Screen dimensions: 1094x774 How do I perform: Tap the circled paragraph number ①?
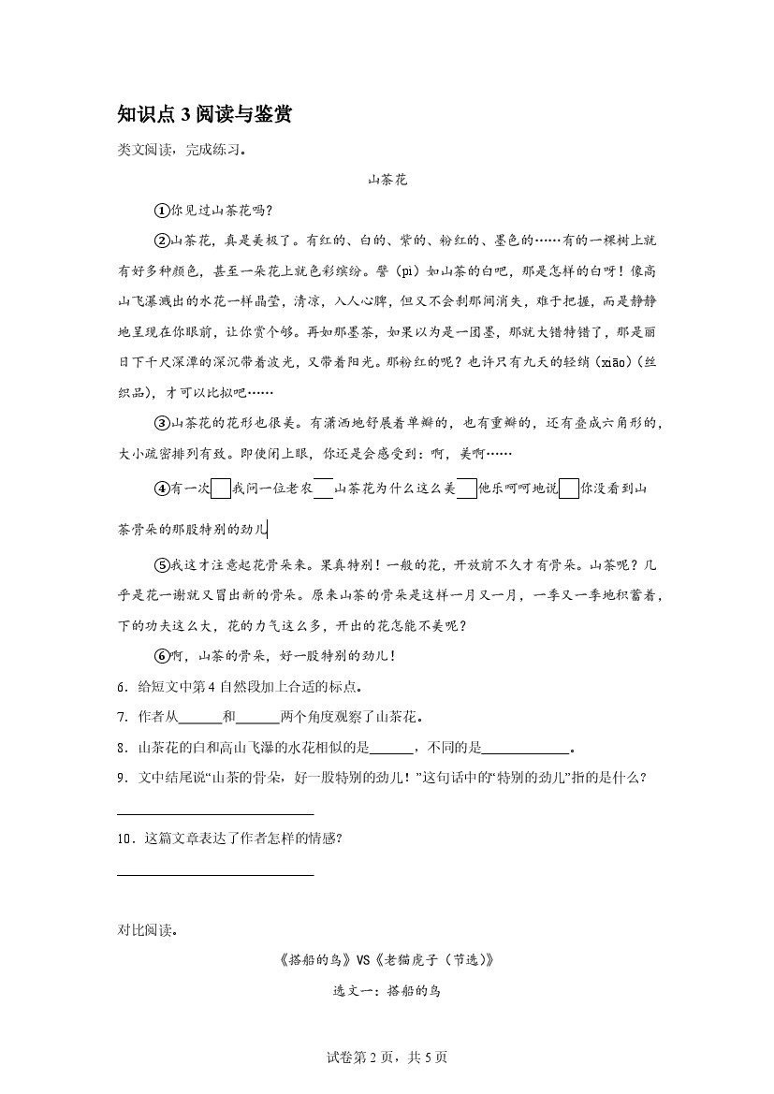[x=161, y=210]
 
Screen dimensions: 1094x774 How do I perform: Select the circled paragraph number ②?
[x=161, y=241]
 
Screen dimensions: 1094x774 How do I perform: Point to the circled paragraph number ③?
[x=161, y=424]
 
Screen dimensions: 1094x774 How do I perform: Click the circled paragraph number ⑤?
[x=161, y=564]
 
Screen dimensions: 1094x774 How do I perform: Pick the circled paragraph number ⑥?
[x=161, y=656]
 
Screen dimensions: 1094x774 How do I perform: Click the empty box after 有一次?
[x=221, y=489]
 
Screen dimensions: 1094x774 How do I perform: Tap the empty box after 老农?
[x=323, y=489]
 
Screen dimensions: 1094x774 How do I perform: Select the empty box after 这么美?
[x=466, y=489]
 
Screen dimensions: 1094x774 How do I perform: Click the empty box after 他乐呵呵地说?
[x=568, y=489]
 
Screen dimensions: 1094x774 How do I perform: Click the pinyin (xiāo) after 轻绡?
[x=601, y=362]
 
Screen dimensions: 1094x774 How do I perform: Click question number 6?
[x=123, y=687]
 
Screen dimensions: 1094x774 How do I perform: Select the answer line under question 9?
[x=215, y=811]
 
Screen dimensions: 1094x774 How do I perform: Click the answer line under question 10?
[x=215, y=873]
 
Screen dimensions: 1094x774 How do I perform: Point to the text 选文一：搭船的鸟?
[x=387, y=990]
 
